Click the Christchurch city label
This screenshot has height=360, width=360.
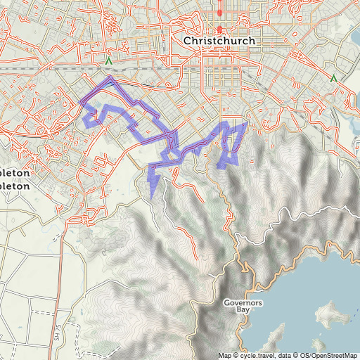pyautogui.click(x=219, y=41)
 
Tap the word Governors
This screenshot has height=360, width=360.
pyautogui.click(x=243, y=302)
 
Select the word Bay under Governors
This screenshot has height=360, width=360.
pyautogui.click(x=243, y=309)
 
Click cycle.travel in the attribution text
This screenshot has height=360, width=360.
pyautogui.click(x=255, y=354)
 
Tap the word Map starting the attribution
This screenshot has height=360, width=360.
pyautogui.click(x=224, y=354)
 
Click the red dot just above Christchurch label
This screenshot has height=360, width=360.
pyautogui.click(x=219, y=30)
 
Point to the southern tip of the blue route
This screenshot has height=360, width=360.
pyautogui.click(x=152, y=198)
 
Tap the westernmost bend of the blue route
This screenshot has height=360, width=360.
pyautogui.click(x=82, y=103)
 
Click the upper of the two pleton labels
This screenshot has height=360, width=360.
pyautogui.click(x=15, y=173)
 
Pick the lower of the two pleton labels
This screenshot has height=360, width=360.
pyautogui.click(x=15, y=187)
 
